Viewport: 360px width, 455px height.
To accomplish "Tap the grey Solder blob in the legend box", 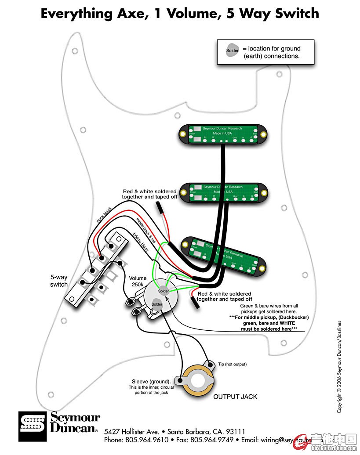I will tap(233, 50).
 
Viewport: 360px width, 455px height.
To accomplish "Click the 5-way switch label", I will tap(59, 281).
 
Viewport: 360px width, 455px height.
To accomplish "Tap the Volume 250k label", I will tap(138, 282).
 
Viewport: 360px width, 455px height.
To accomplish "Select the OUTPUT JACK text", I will tap(235, 397).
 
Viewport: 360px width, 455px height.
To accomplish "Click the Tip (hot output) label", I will tap(233, 364).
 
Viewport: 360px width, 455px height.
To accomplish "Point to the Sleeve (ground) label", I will tap(152, 381).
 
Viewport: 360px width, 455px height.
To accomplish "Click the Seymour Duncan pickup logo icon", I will tap(33, 426).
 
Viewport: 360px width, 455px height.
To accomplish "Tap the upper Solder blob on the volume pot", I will tap(164, 291).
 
